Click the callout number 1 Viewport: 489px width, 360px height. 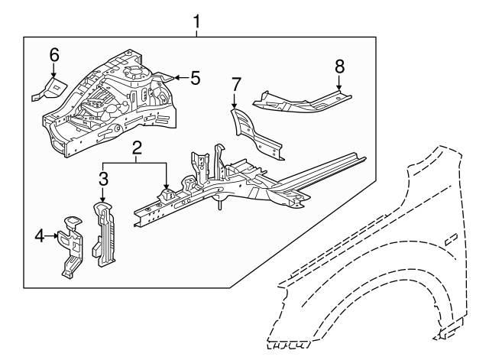[x=196, y=22]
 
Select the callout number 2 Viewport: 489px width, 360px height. [x=136, y=149]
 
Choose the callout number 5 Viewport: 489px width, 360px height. [x=195, y=77]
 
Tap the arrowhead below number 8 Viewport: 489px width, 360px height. [x=339, y=89]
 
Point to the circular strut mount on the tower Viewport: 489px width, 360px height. [x=134, y=73]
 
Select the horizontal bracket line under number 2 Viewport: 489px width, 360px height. [x=136, y=163]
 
